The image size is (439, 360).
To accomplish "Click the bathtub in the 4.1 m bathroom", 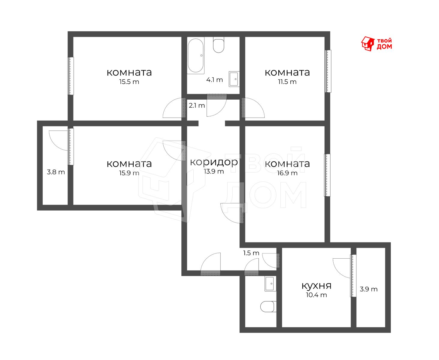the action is point(195,55).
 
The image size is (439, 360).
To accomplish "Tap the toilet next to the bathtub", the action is point(218,45).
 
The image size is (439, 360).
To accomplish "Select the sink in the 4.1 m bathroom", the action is point(234,79).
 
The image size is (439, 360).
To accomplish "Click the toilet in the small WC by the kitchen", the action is point(268,307).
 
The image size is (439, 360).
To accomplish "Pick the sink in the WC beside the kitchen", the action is point(270,284).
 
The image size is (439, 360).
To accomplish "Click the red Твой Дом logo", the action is point(376,44).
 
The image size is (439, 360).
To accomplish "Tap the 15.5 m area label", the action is point(129,82).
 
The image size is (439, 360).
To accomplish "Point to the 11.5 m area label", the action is point(287,82).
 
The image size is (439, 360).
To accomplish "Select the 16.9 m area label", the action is point(287,173).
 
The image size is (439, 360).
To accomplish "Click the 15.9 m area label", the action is point(129,173).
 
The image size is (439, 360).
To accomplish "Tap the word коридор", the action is point(214,162).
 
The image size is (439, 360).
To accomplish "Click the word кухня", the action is point(316,286).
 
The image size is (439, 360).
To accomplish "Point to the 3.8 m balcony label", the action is point(56,172).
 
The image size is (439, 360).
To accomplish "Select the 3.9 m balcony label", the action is point(368,289).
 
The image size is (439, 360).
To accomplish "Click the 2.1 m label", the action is point(197,105).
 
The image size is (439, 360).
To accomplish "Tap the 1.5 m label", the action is point(251,253).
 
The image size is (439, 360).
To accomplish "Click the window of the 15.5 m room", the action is point(71,76).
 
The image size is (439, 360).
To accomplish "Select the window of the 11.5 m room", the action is point(328,71).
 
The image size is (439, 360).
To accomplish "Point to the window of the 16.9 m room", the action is point(327,175).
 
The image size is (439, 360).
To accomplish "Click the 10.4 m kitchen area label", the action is point(316,295).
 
